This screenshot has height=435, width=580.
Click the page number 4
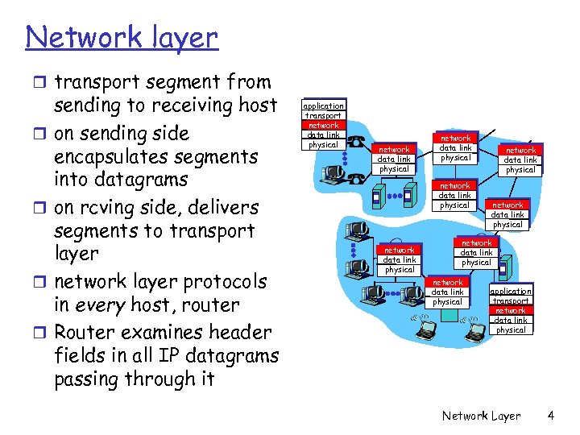pyautogui.click(x=550, y=416)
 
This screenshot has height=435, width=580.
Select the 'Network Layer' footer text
pyautogui.click(x=481, y=416)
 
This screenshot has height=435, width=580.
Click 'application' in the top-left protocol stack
pyautogui.click(x=323, y=106)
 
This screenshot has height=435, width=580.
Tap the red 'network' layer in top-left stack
pyautogui.click(x=323, y=125)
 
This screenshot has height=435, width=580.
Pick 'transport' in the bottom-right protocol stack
pyautogui.click(x=511, y=300)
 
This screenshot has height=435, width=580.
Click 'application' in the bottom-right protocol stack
pyautogui.click(x=511, y=291)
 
